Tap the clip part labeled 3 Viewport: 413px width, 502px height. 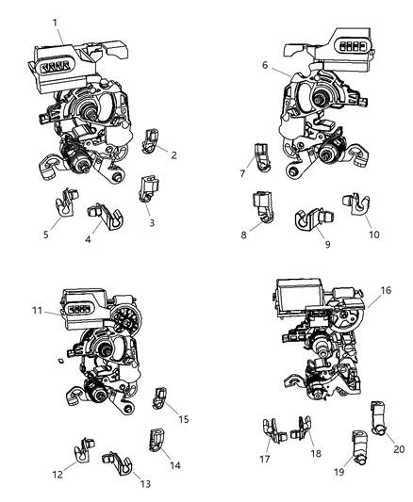click(148, 187)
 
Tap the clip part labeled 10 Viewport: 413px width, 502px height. click(357, 208)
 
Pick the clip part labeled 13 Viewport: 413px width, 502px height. click(115, 462)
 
